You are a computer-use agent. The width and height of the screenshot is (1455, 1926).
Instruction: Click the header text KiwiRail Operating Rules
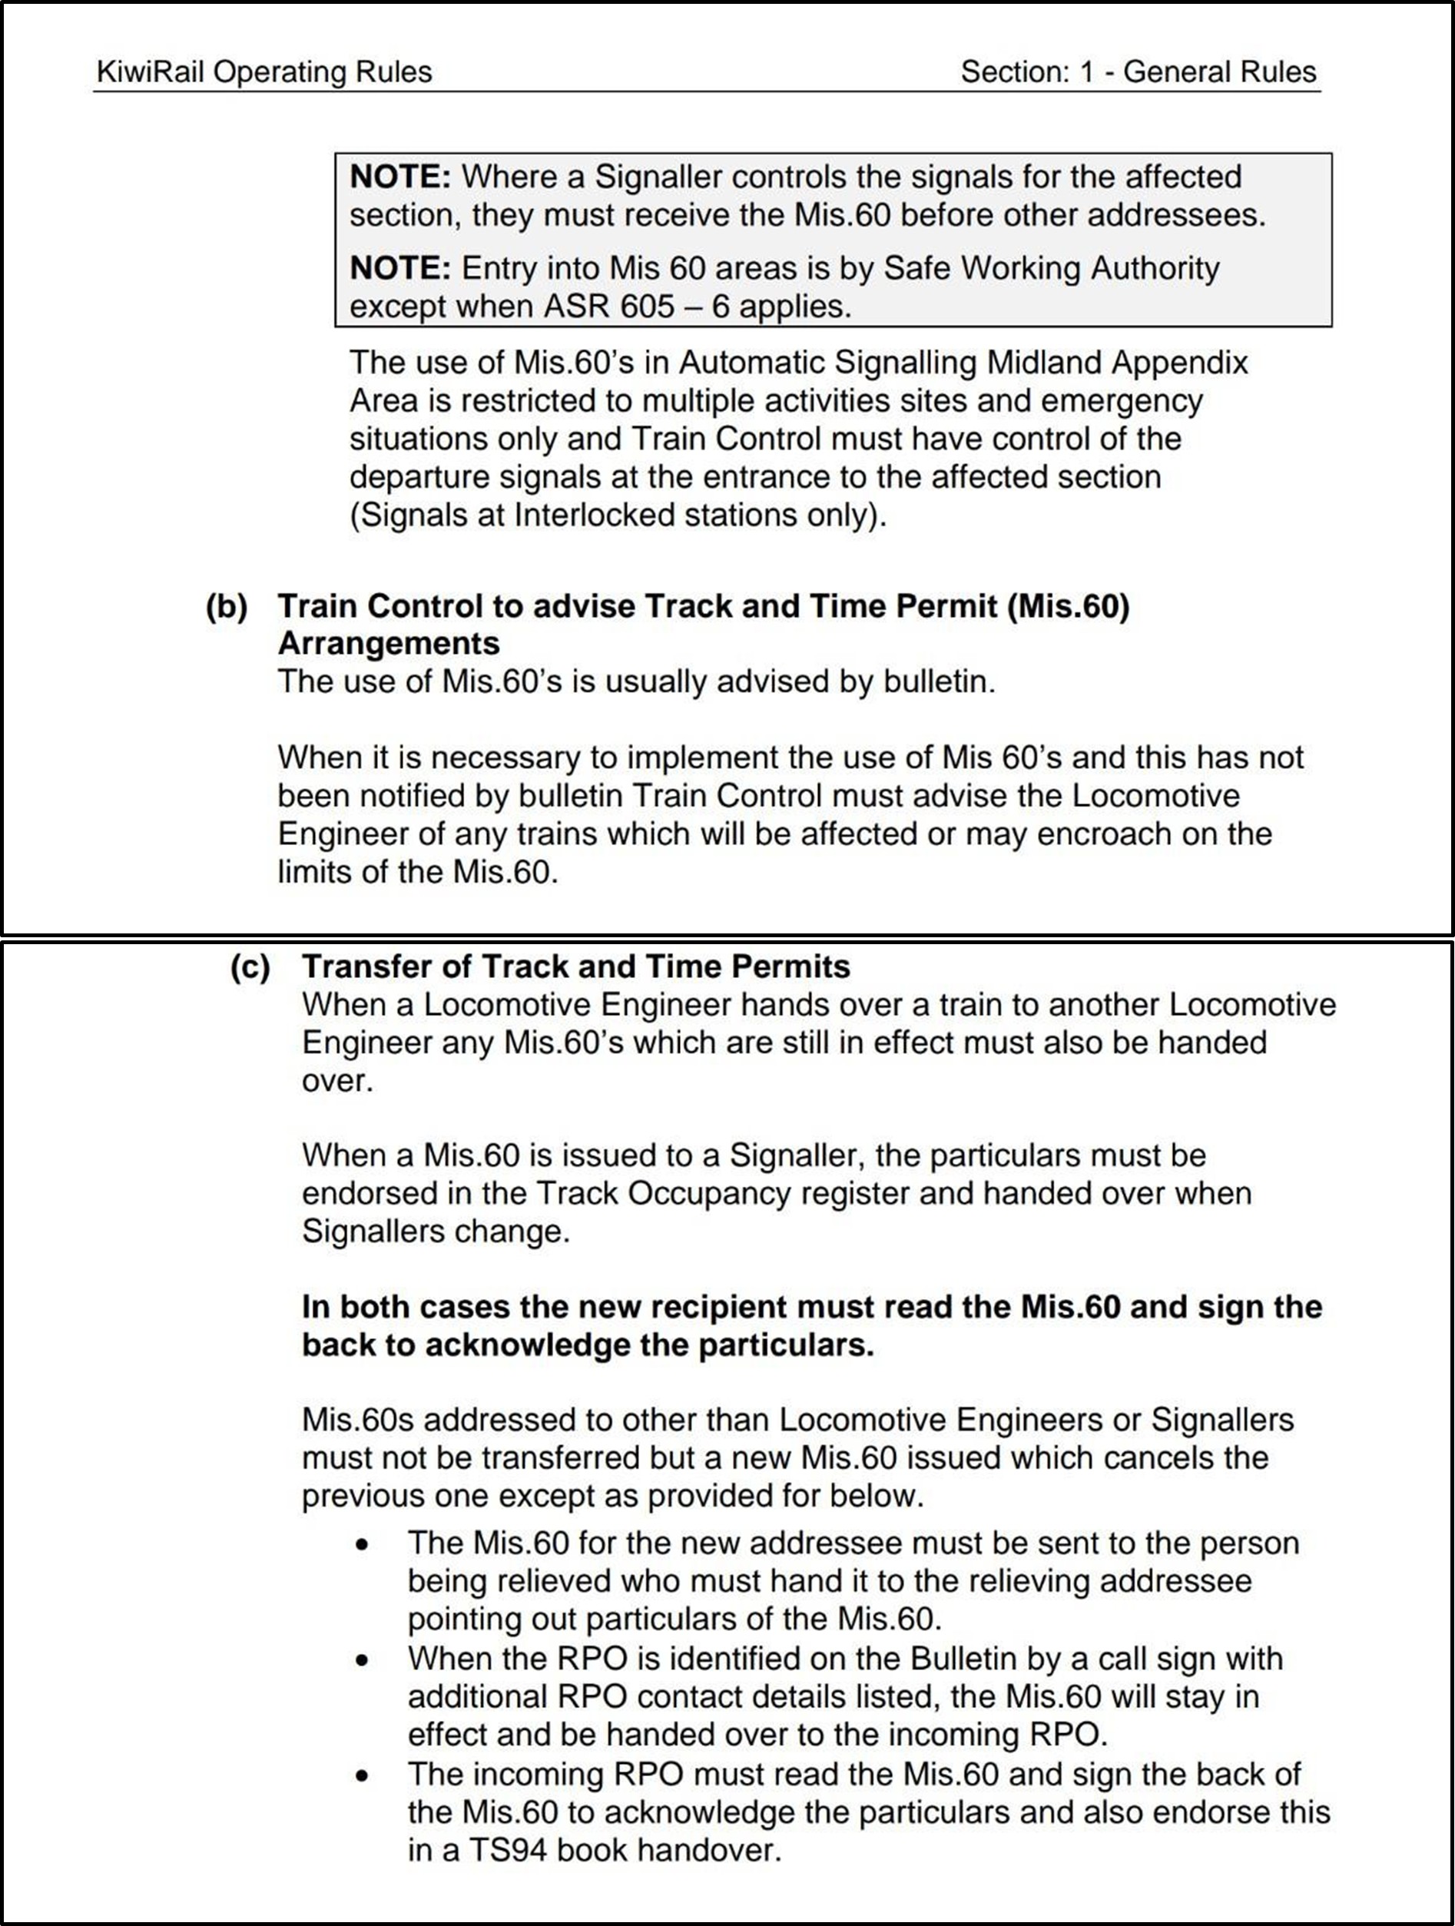click(x=263, y=71)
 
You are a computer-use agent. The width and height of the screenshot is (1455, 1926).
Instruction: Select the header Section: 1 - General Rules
click(x=1138, y=71)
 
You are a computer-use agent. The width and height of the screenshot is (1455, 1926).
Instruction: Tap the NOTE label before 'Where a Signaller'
click(x=399, y=177)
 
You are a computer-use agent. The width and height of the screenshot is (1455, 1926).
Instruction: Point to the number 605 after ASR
click(x=644, y=307)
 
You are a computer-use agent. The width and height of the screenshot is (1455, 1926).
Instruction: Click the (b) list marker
click(x=227, y=606)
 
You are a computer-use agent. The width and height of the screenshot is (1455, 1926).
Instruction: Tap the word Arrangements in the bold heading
click(x=389, y=644)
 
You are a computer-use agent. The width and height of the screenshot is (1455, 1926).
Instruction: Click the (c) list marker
click(x=250, y=967)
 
